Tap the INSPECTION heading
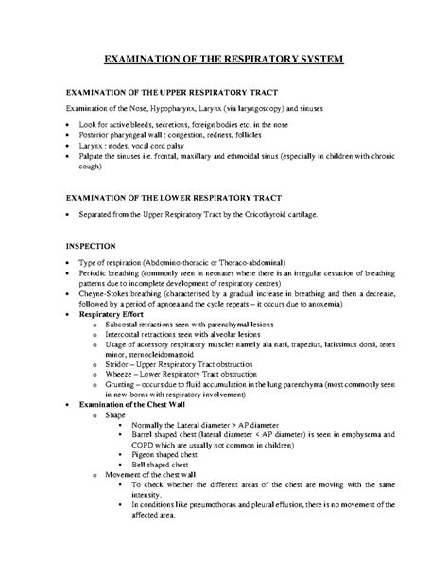click(x=90, y=243)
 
